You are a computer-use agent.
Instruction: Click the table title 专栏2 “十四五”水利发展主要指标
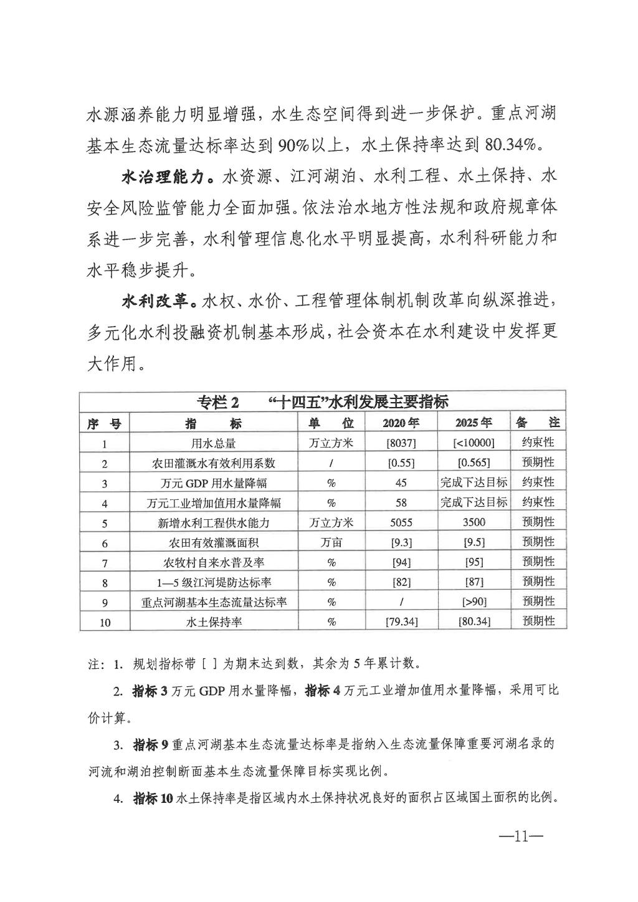(322, 401)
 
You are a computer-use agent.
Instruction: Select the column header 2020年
(401, 422)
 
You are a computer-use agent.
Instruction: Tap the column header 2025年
(474, 422)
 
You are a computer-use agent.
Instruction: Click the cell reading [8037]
(401, 443)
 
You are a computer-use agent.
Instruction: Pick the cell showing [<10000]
(474, 443)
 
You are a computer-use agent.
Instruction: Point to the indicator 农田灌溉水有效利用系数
(214, 463)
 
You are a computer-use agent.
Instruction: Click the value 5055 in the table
(401, 522)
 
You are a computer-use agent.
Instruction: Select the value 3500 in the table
(474, 522)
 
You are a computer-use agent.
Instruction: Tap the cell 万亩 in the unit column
(331, 542)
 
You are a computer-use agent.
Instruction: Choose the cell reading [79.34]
(401, 621)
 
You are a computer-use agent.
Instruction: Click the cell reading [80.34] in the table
(474, 621)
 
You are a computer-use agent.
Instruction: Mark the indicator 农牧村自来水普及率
(214, 562)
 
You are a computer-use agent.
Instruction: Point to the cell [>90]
(474, 602)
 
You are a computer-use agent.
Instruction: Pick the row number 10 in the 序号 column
(105, 622)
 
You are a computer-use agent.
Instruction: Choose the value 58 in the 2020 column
(401, 502)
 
